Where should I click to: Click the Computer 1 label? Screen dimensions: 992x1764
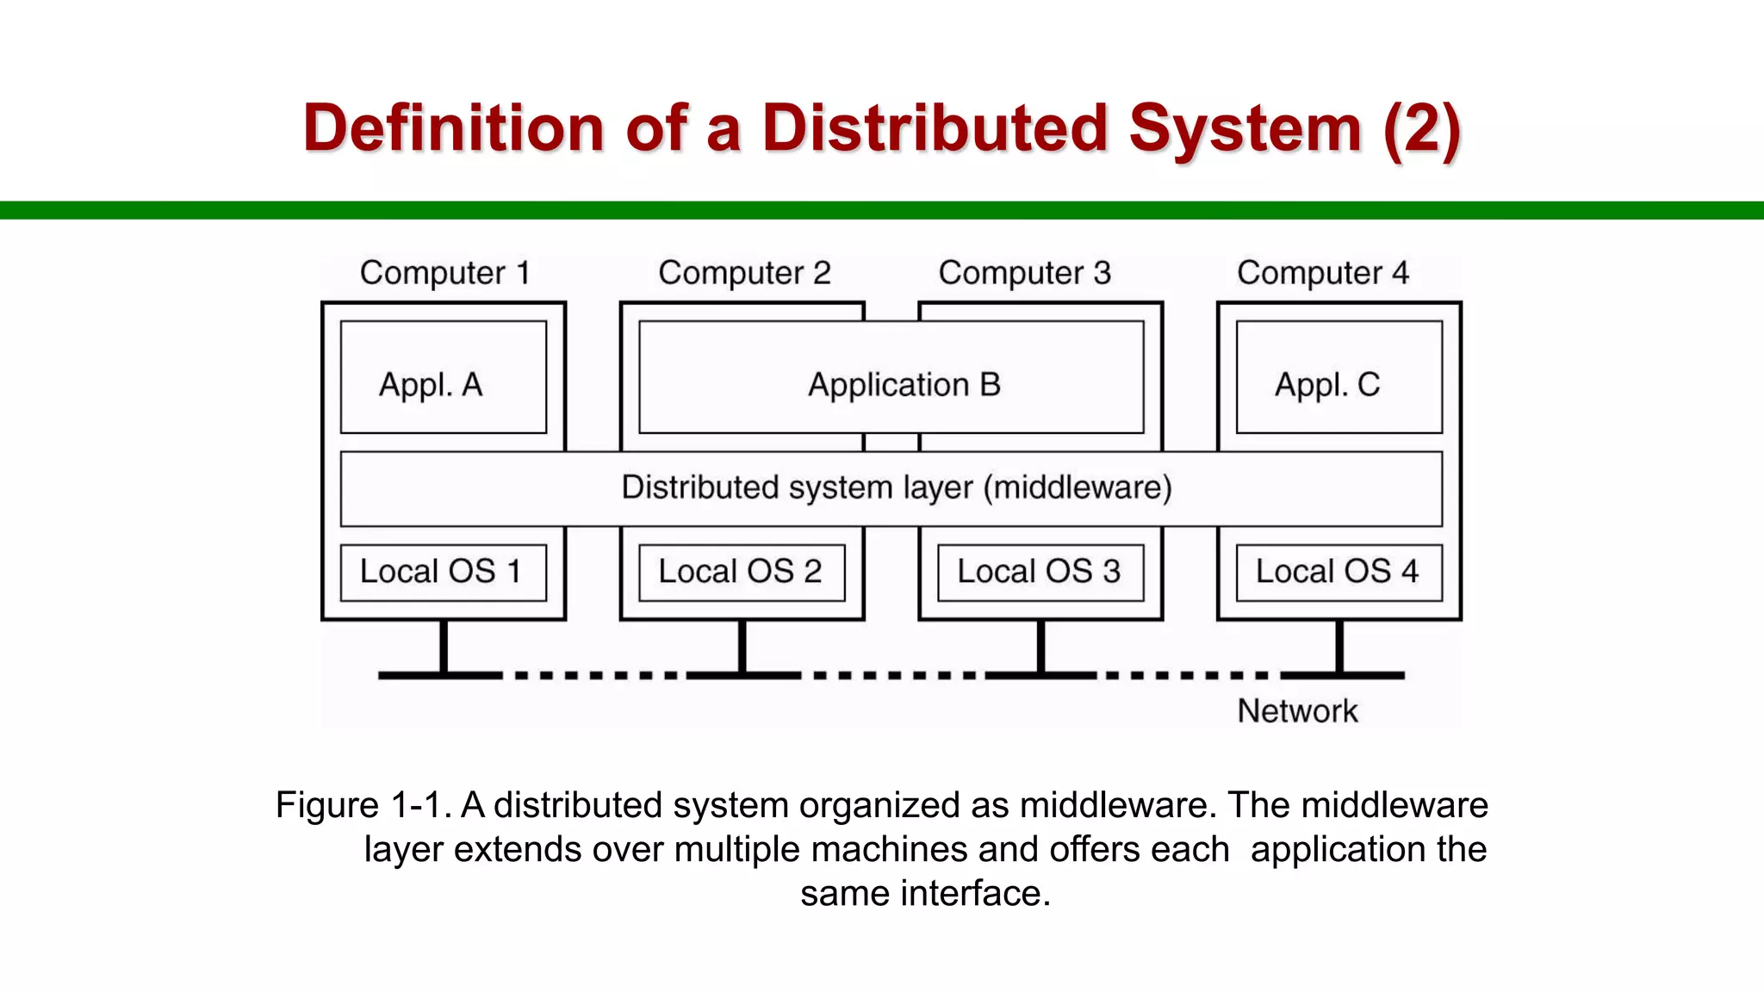click(x=444, y=273)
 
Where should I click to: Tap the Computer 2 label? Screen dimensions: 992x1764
click(x=744, y=273)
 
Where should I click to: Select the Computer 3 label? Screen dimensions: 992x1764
click(x=1024, y=273)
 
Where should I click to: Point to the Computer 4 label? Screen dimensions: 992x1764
click(x=1322, y=273)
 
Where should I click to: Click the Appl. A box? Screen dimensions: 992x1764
click(x=443, y=377)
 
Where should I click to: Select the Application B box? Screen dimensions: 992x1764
click(x=891, y=377)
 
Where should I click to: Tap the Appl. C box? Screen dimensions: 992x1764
click(x=1339, y=377)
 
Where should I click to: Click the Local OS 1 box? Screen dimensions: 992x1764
click(x=443, y=572)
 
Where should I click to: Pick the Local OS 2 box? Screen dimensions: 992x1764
click(x=742, y=572)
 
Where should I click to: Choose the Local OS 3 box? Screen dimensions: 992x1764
click(x=1040, y=572)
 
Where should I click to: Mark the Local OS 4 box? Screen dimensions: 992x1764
click(x=1339, y=572)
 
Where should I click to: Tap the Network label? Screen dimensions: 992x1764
click(x=1297, y=711)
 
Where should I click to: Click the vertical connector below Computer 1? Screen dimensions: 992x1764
click(x=444, y=646)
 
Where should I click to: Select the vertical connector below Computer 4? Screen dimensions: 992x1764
click(x=1339, y=646)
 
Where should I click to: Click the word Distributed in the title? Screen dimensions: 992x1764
click(x=934, y=128)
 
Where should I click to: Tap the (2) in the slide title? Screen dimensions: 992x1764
click(x=1421, y=128)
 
